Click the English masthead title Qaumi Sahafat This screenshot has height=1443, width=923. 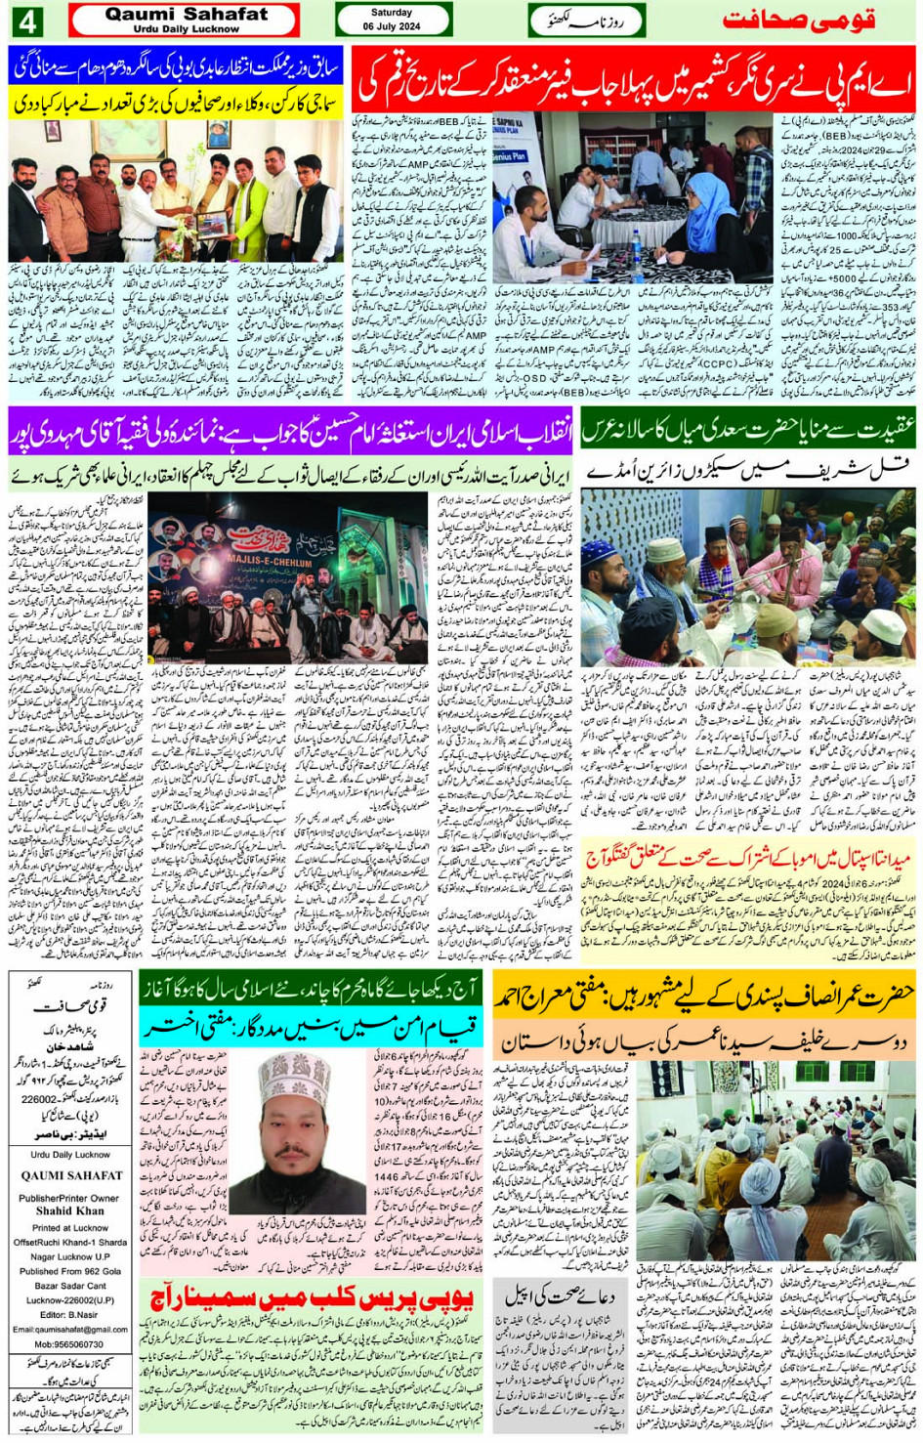click(x=186, y=15)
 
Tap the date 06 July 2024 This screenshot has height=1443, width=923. click(x=392, y=26)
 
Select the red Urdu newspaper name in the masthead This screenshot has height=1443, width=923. click(x=799, y=20)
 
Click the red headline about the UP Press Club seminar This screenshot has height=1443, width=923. click(x=313, y=1298)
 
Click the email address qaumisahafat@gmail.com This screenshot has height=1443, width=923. click(x=69, y=1329)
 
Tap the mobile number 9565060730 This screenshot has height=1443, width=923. click(x=69, y=1344)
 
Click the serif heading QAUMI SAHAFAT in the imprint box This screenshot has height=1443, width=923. click(x=71, y=1175)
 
